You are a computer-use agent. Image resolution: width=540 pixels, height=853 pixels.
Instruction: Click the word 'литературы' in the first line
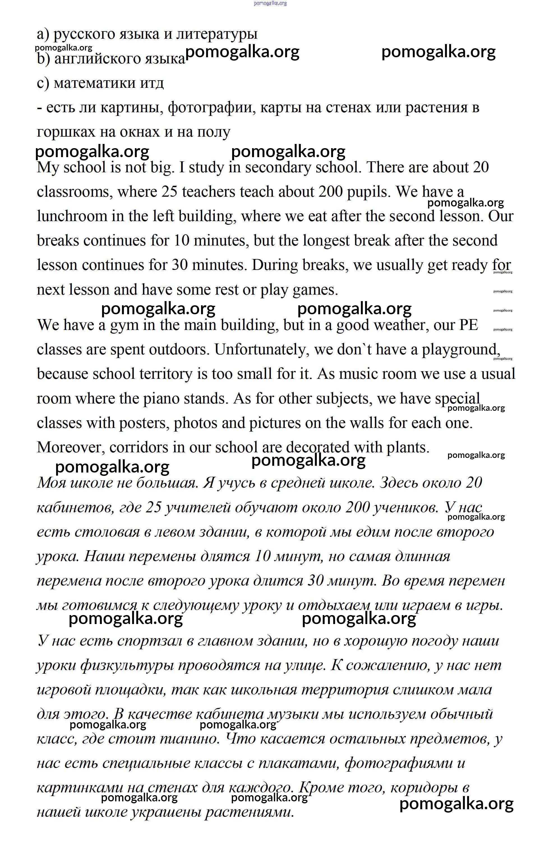[216, 34]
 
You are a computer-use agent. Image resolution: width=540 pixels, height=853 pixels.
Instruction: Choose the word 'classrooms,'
[75, 192]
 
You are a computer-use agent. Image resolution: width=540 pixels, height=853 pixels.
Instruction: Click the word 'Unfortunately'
[262, 350]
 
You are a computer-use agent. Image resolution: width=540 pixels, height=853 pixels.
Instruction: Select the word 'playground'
[460, 350]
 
